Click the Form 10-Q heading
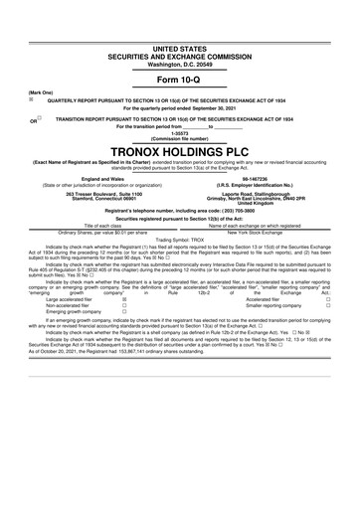180,79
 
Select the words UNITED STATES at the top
180,48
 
